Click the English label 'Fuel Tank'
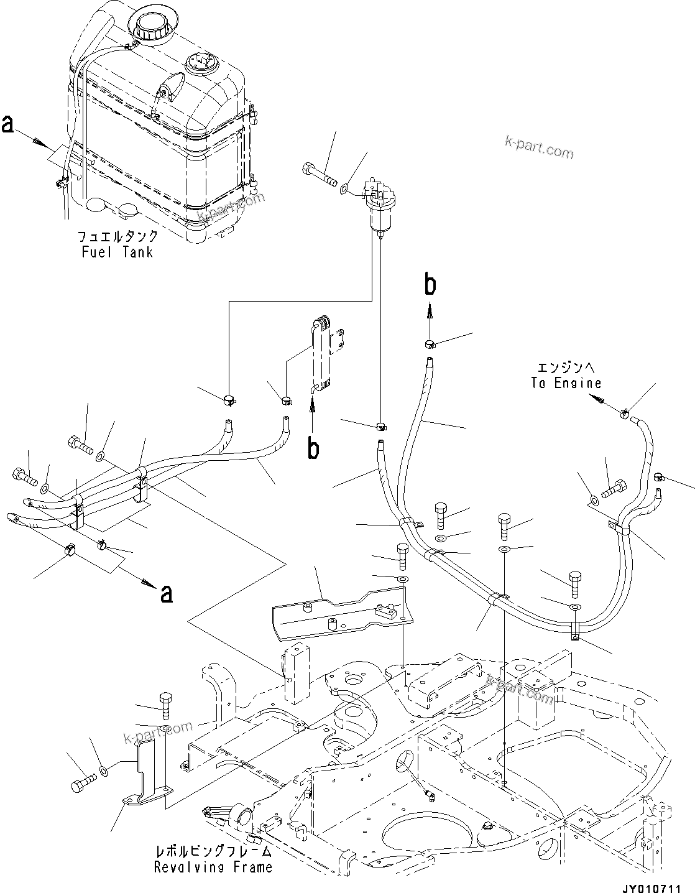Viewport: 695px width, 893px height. click(117, 252)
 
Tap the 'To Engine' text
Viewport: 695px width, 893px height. click(566, 383)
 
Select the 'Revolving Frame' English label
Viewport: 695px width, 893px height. click(213, 866)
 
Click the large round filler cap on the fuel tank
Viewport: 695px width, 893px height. click(149, 27)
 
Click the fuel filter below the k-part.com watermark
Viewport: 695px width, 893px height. click(378, 208)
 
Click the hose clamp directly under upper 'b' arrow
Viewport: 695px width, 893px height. click(430, 344)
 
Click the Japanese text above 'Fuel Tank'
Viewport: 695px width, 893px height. click(117, 237)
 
